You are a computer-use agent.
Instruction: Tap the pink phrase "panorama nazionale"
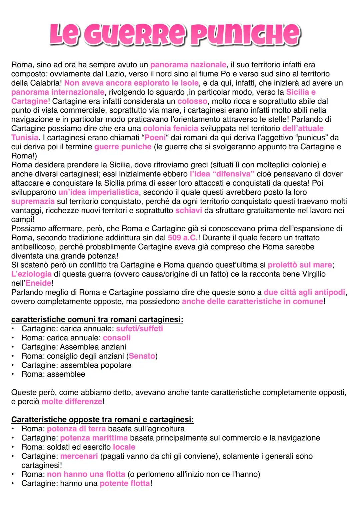(x=188, y=65)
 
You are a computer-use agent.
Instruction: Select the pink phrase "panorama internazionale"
(x=58, y=92)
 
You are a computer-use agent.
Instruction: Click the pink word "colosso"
(x=192, y=101)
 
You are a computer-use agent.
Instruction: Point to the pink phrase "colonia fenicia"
(x=171, y=128)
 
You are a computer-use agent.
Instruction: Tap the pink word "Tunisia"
(x=25, y=137)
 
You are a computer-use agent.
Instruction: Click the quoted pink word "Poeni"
(x=155, y=137)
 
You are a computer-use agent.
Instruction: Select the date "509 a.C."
(x=183, y=238)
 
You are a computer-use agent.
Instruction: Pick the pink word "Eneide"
(x=39, y=283)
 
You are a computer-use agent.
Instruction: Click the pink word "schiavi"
(x=189, y=210)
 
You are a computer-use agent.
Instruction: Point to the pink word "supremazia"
(x=33, y=201)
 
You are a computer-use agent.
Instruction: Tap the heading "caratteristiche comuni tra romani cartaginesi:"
(x=97, y=320)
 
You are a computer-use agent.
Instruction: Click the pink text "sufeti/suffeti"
(x=139, y=329)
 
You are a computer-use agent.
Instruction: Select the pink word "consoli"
(x=117, y=338)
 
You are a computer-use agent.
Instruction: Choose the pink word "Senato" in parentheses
(x=142, y=356)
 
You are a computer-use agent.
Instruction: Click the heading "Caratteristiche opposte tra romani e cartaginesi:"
(x=102, y=420)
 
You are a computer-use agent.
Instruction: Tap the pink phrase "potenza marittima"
(x=94, y=438)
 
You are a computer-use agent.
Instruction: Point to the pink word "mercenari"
(x=79, y=456)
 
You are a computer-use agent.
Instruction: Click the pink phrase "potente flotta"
(x=125, y=483)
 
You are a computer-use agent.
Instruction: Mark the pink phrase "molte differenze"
(x=72, y=402)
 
